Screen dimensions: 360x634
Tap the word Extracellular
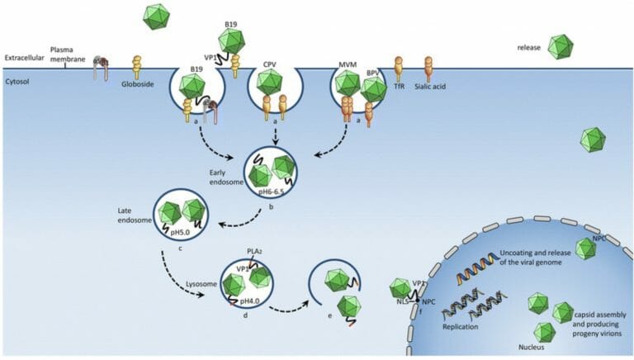pyautogui.click(x=24, y=58)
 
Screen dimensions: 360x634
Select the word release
pyautogui.click(x=529, y=48)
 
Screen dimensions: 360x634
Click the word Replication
pyautogui.click(x=460, y=326)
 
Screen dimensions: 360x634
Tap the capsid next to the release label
pyautogui.click(x=561, y=47)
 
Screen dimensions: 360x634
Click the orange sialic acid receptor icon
pyautogui.click(x=428, y=65)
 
